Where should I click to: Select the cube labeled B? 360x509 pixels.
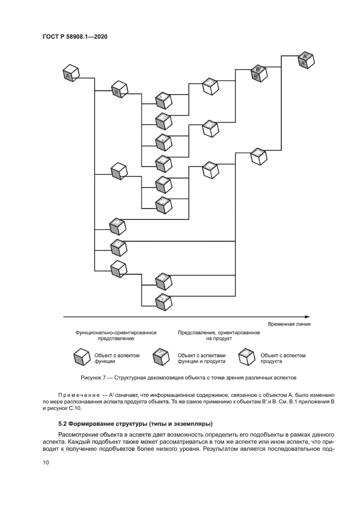tap(118, 89)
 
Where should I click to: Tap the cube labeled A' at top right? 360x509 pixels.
tap(306, 60)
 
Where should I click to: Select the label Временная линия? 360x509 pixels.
tap(289, 324)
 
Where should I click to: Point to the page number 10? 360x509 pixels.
tap(45, 463)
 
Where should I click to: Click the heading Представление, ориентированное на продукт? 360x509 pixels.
tap(211, 335)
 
